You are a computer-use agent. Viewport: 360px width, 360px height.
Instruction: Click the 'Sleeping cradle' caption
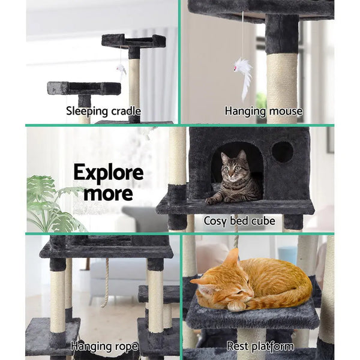coord(104,111)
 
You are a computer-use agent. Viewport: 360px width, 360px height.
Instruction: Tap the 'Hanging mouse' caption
coord(263,111)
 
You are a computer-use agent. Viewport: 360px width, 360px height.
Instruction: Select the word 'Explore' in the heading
coord(108,173)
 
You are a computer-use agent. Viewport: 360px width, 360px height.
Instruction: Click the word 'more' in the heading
coord(108,193)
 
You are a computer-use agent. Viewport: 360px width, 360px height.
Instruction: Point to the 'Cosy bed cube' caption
coord(239,221)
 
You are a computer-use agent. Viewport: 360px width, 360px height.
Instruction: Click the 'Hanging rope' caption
coord(104,346)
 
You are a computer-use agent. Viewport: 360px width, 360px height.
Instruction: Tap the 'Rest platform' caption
coord(260,346)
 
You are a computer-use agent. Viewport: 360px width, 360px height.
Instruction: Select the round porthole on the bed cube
coord(282,152)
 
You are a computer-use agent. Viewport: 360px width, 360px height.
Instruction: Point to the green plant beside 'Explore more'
coord(51,201)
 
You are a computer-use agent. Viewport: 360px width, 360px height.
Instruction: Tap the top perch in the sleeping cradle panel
coord(133,41)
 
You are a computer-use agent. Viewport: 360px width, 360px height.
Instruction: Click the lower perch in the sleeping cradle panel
coord(84,88)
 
